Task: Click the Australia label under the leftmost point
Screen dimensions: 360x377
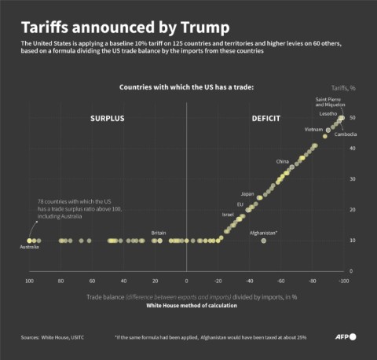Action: (x=30, y=250)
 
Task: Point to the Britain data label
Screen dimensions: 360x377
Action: (x=158, y=233)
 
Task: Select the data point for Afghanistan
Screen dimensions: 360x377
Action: (x=263, y=241)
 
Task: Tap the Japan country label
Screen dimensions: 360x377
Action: (x=247, y=193)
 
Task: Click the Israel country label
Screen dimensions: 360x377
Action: (x=228, y=214)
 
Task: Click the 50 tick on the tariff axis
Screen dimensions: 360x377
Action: (x=353, y=118)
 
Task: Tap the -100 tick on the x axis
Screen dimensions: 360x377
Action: (x=342, y=281)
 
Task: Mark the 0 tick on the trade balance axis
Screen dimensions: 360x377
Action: (x=186, y=281)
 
